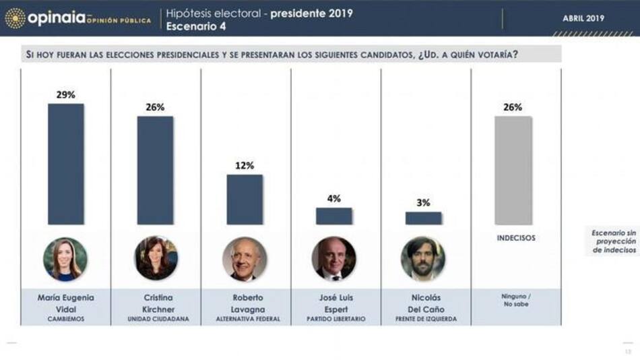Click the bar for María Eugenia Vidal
pos(65,164)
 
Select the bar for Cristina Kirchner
pos(155,170)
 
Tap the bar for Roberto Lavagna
pos(245,200)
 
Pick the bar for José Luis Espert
pos(334,216)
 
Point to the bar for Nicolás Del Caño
pos(424,218)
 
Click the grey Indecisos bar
pos(513,170)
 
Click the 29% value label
pos(65,94)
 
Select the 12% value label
pos(245,165)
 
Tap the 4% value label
pos(334,198)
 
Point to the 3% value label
pos(424,202)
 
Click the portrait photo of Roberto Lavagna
pos(245,259)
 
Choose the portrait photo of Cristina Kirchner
pos(156,258)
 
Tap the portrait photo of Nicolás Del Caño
pos(423,258)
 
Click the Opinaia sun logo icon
pos(15,18)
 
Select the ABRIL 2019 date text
pos(583,18)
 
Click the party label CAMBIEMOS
pos(65,319)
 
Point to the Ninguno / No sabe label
pos(515,301)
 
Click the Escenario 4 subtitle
pos(196,26)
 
